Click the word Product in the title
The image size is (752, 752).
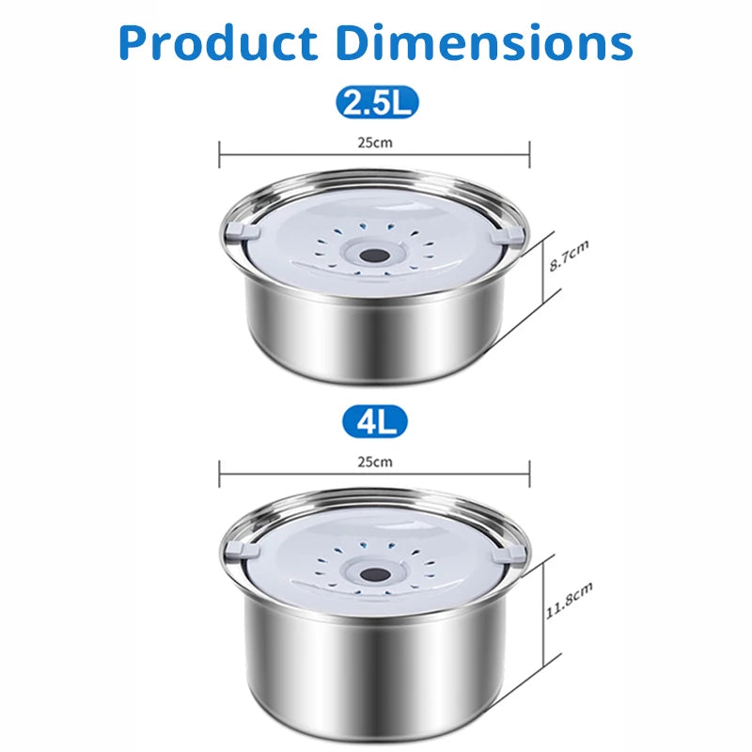click(218, 43)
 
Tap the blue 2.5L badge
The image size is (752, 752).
click(377, 102)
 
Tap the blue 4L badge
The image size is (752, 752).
click(375, 422)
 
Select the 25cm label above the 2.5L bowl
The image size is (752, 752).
click(375, 143)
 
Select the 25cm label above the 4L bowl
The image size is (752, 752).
click(375, 462)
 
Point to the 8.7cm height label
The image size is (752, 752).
click(569, 256)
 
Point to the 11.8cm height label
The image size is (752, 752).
click(569, 601)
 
